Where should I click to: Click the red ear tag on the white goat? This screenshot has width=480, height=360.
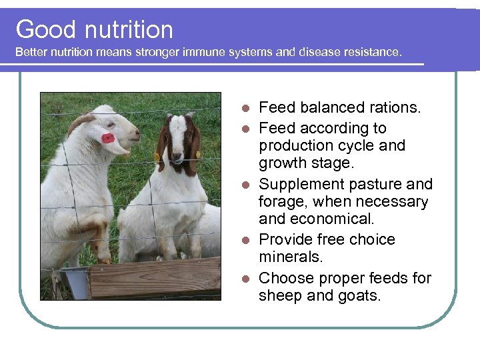pos(107,138)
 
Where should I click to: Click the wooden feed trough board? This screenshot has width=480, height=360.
pos(153,277)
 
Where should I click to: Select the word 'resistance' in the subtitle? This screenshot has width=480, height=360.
pos(373,51)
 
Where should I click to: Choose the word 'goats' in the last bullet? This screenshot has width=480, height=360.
pos(357,295)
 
